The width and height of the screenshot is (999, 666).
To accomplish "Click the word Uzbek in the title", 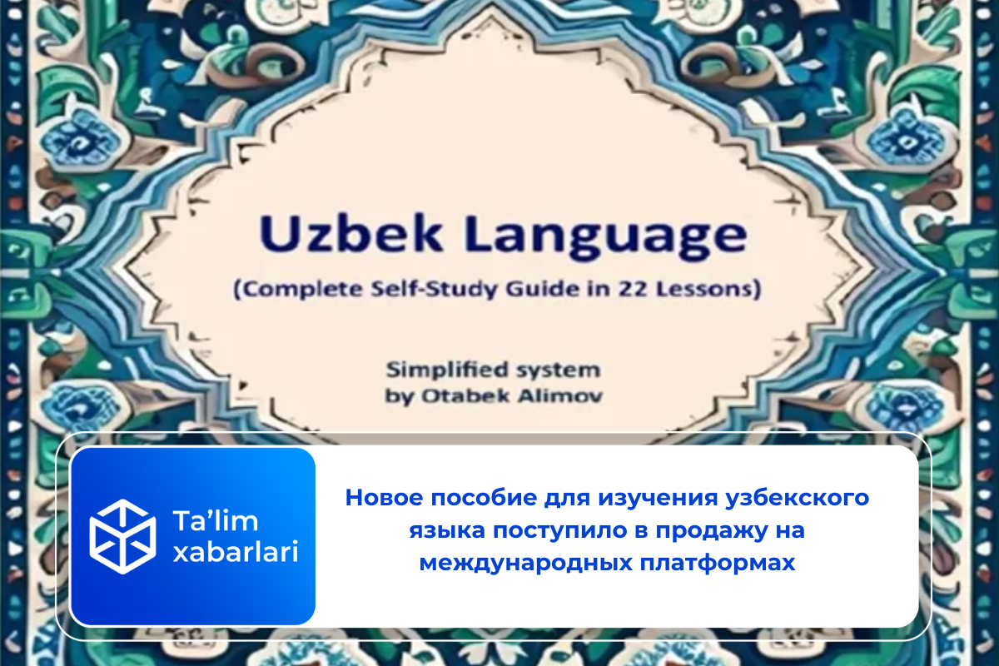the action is point(351,234).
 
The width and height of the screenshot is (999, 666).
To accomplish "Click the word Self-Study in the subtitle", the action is point(435,290).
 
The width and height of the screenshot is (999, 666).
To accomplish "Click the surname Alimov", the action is point(560,395).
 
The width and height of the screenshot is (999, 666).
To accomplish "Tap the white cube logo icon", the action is point(122,537).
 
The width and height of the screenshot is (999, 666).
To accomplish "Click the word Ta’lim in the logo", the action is point(216,520).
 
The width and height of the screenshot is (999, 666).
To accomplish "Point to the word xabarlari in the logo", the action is point(236,552).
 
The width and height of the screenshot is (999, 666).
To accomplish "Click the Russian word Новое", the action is point(384,497).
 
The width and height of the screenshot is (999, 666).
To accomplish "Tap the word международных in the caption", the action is point(525,564).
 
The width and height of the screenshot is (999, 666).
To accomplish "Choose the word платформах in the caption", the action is point(718,564).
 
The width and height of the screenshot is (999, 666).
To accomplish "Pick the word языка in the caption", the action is point(447,531).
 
